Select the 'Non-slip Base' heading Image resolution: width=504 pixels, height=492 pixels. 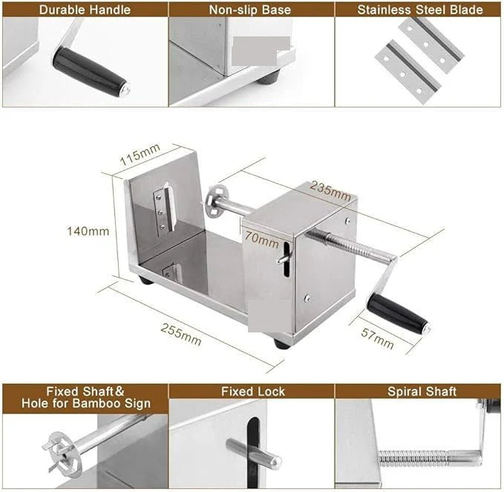coord(251,10)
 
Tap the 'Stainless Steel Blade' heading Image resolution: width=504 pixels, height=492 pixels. coord(419,10)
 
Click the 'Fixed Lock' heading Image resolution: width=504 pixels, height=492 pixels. coord(252,391)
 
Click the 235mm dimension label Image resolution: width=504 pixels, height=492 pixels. coord(330,189)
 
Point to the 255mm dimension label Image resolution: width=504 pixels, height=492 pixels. coord(180,334)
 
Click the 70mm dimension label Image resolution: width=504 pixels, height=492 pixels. coord(260,240)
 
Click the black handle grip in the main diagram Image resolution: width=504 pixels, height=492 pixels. coord(401,314)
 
